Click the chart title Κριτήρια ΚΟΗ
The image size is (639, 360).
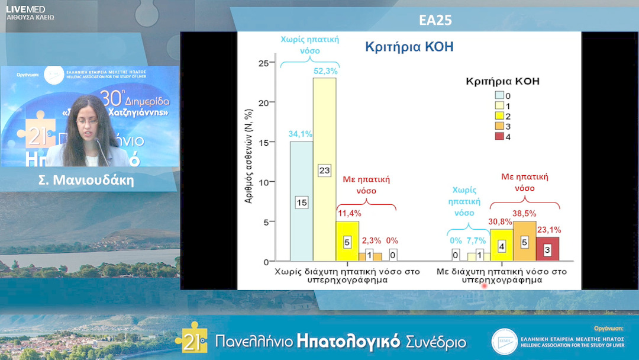pyautogui.click(x=409, y=47)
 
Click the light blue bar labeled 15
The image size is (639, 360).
pyautogui.click(x=301, y=201)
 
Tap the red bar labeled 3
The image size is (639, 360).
pyautogui.click(x=547, y=249)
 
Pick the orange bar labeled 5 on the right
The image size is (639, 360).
pyautogui.click(x=524, y=241)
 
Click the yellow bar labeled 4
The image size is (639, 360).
pyautogui.click(x=501, y=245)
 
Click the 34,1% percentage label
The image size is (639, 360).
pyautogui.click(x=301, y=134)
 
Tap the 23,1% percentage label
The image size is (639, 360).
pyautogui.click(x=549, y=230)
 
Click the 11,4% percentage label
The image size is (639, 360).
pyautogui.click(x=349, y=213)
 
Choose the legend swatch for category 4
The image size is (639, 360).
pyautogui.click(x=500, y=137)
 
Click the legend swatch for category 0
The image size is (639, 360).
pyautogui.click(x=500, y=95)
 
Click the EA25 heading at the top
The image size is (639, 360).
pyautogui.click(x=435, y=20)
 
